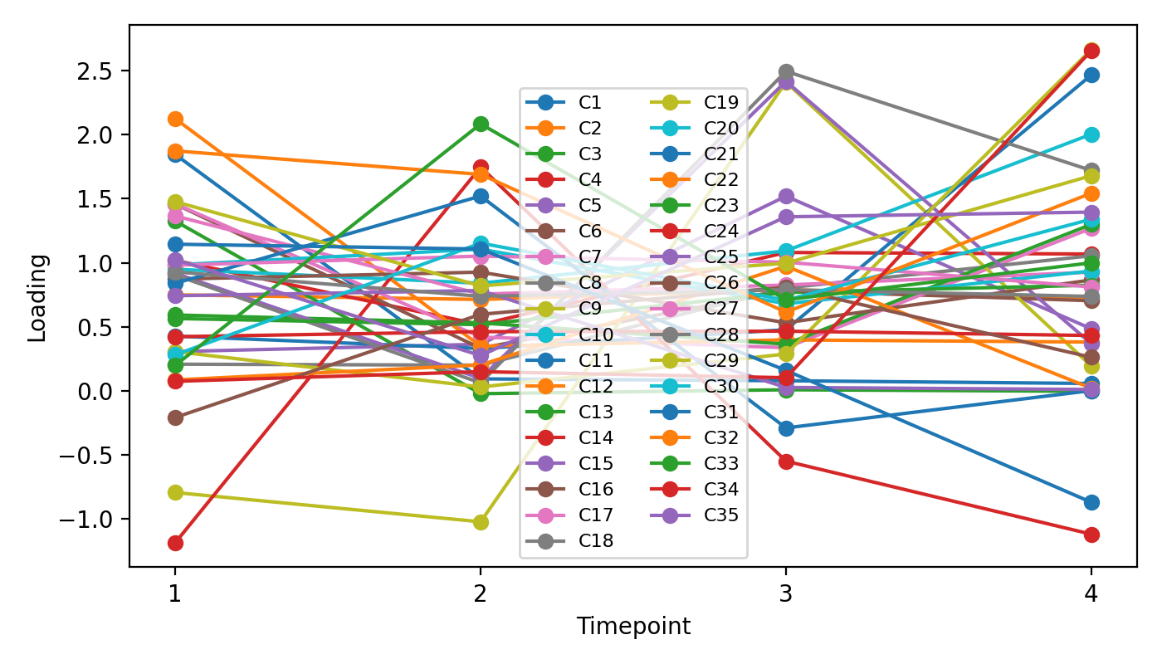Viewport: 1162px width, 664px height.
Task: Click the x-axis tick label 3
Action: (x=785, y=594)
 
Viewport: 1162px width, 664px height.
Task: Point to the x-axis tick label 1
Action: (x=174, y=594)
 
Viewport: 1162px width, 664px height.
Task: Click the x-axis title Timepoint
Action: (x=633, y=626)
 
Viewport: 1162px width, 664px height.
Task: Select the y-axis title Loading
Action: (x=37, y=297)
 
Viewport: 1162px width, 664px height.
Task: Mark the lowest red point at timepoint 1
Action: (x=175, y=543)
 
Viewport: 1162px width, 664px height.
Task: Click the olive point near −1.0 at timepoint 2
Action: (x=480, y=522)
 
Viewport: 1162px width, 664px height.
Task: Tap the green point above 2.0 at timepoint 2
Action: (x=480, y=124)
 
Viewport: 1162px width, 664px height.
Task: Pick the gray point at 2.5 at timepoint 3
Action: (x=785, y=71)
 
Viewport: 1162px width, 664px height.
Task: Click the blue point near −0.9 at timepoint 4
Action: (x=1091, y=502)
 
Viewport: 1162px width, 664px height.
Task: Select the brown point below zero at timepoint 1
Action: (x=175, y=417)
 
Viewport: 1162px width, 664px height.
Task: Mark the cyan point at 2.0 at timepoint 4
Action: (x=1091, y=135)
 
